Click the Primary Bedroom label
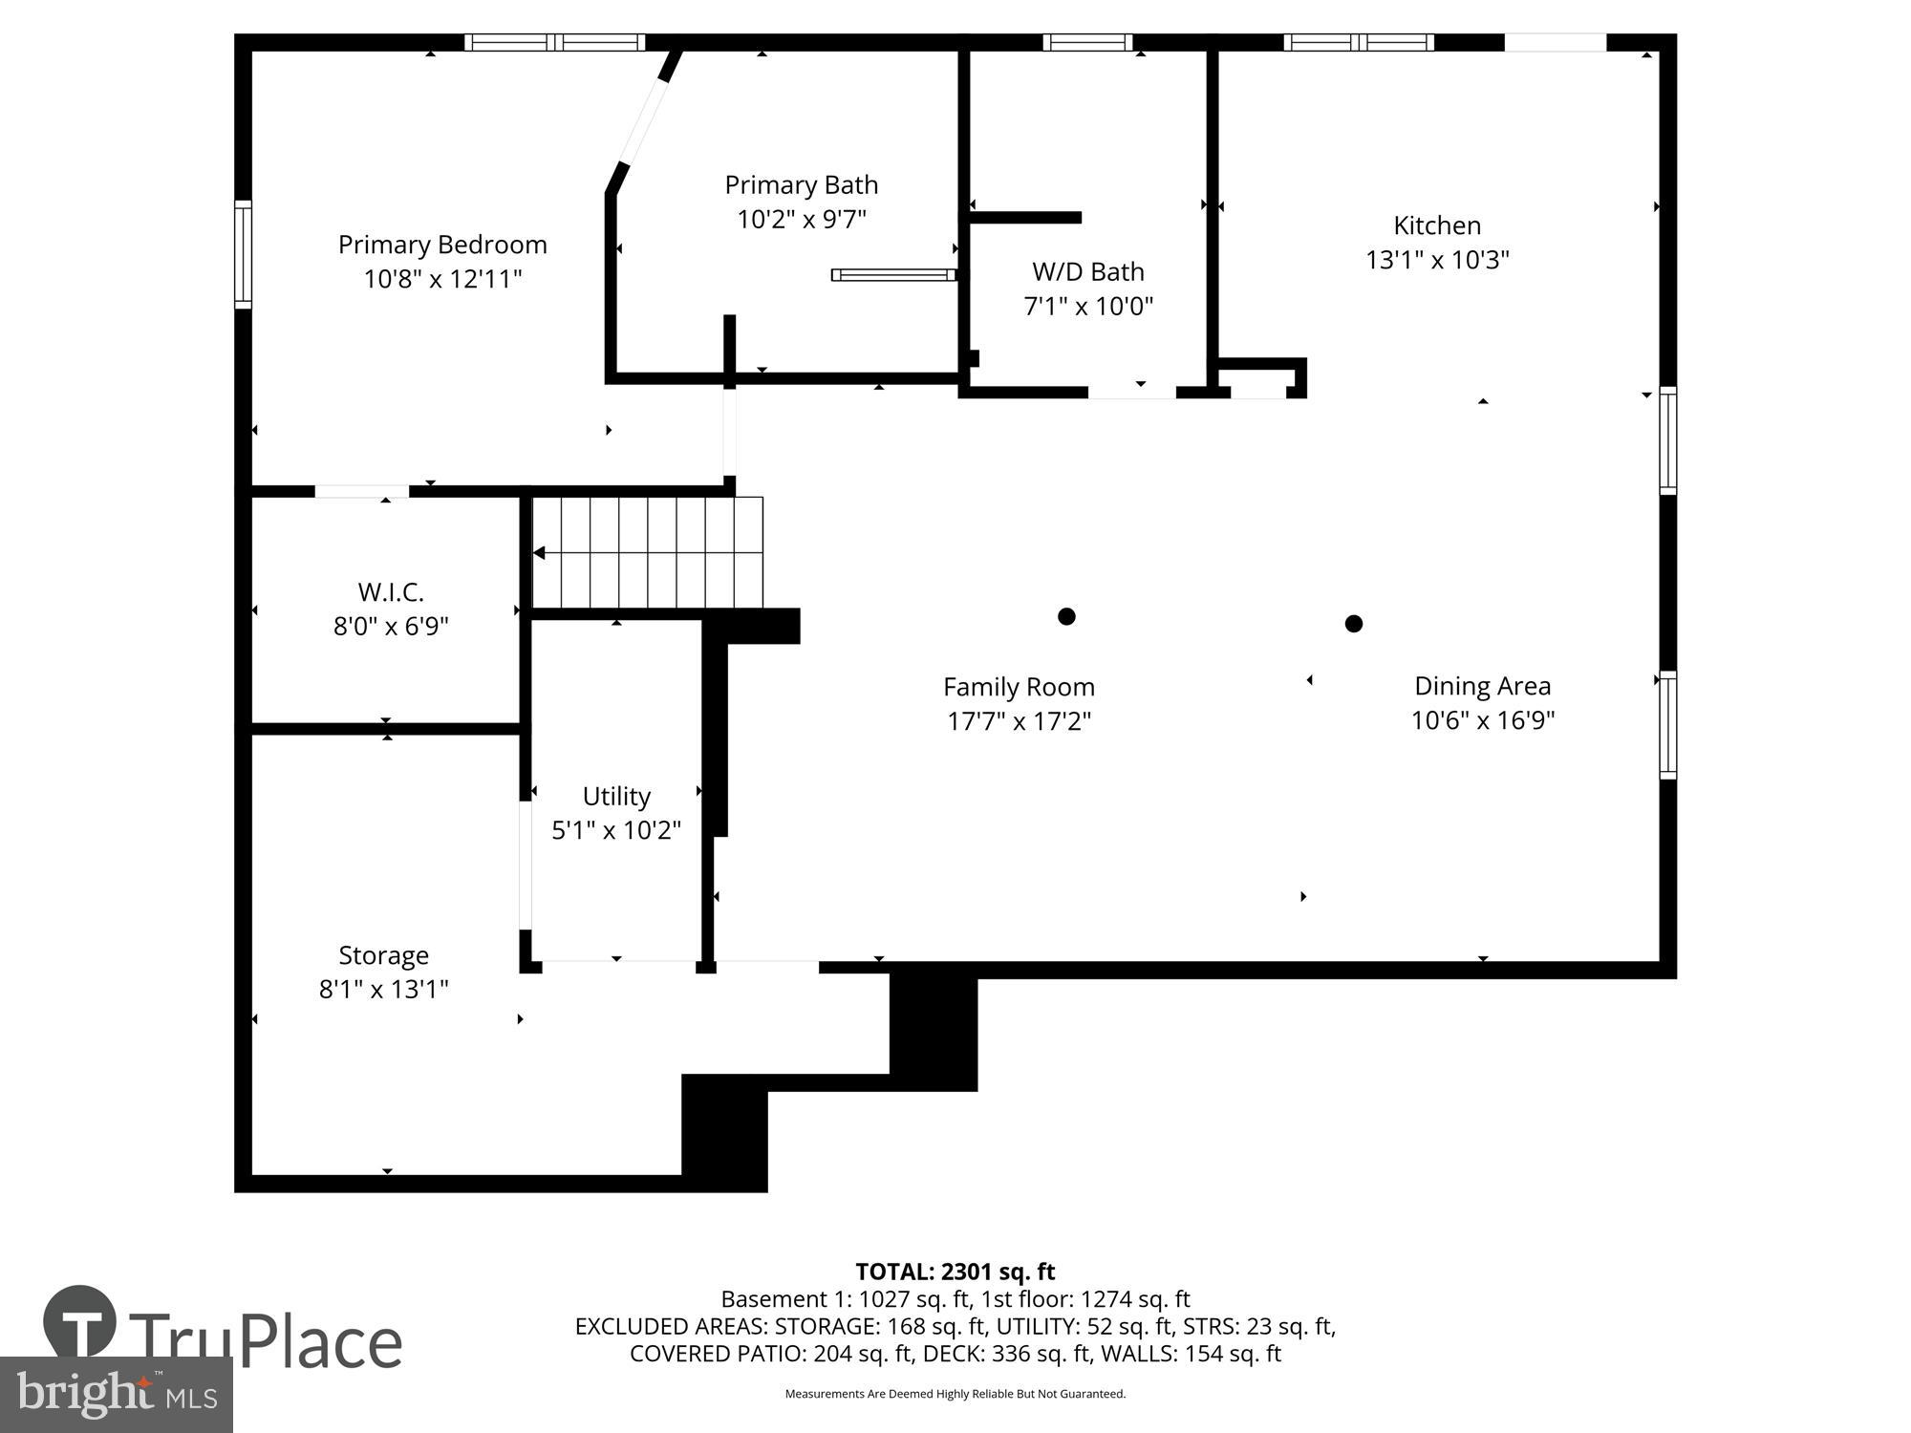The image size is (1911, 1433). tap(442, 245)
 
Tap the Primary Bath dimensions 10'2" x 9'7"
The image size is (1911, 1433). tap(801, 220)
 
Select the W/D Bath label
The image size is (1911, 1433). tap(1087, 272)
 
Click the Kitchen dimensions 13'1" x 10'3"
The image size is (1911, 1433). tap(1436, 260)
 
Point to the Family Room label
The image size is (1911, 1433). tap(1019, 687)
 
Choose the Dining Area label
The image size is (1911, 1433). tap(1482, 686)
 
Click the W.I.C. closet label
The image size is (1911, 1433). tap(391, 592)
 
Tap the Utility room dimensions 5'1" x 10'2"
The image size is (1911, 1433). tap(616, 830)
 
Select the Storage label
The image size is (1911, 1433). tap(383, 955)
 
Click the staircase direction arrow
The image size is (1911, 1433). tap(540, 552)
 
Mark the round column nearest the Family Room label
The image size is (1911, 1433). tap(1066, 616)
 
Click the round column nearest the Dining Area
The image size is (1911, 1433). tap(1353, 624)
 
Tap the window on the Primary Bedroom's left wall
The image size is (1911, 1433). tap(244, 254)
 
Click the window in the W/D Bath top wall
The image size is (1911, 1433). tap(1087, 42)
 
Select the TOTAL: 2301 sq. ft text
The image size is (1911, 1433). tap(955, 1272)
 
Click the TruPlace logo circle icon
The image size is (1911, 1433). tap(80, 1323)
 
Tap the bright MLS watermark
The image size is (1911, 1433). tap(116, 1395)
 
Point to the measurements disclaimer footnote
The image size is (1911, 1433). tap(955, 1394)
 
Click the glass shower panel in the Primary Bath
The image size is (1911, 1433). tap(893, 275)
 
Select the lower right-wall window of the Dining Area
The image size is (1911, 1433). tap(1667, 725)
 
